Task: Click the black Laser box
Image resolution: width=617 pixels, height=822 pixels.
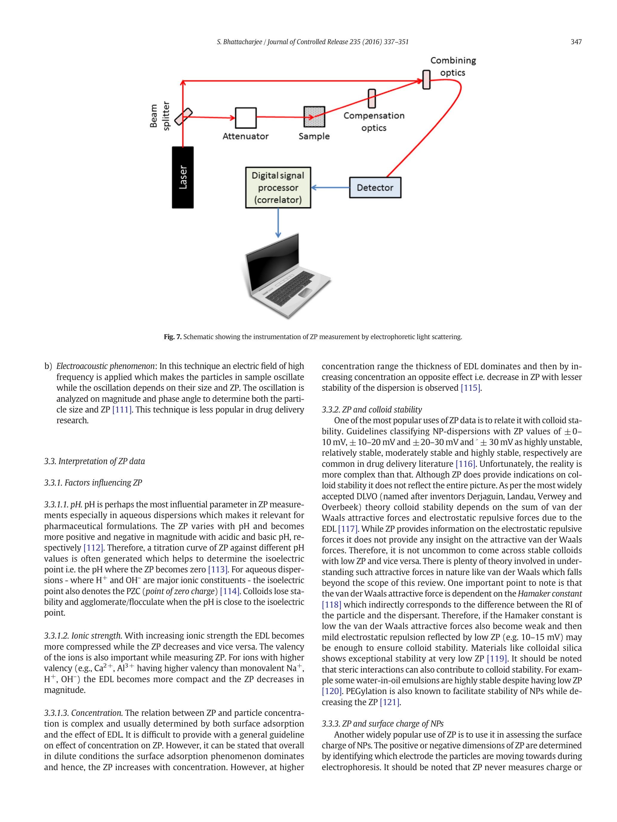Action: pos(183,177)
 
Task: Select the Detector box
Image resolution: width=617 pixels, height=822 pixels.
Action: pos(375,187)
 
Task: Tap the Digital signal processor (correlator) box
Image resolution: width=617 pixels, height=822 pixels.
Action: pos(278,188)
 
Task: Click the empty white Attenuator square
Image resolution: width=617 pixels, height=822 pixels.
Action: pos(245,118)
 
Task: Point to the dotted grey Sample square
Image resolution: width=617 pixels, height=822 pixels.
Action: pos(314,117)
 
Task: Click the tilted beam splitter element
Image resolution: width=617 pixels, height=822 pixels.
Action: pos(183,117)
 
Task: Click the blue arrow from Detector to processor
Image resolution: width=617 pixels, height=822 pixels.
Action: pos(330,187)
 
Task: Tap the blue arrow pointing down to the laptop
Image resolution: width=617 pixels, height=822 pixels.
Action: pos(278,222)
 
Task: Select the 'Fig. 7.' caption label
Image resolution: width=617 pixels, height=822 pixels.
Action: pos(173,337)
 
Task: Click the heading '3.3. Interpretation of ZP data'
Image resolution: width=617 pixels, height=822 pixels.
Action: pos(94,461)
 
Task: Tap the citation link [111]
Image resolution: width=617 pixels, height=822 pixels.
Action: pos(121,410)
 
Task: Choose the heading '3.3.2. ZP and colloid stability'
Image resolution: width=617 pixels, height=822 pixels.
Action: pos(372,410)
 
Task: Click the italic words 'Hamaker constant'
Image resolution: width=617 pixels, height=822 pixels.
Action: pos(550,594)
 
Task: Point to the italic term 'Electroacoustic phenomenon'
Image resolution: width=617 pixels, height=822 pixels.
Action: pos(105,366)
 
